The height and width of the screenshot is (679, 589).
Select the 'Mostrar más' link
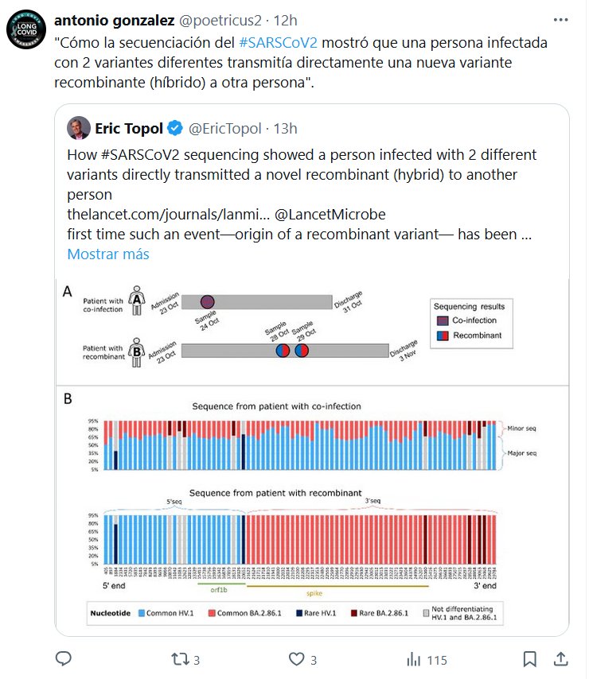pyautogui.click(x=107, y=254)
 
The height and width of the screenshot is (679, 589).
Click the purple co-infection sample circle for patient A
pyautogui.click(x=207, y=301)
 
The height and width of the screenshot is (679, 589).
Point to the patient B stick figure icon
pyautogui.click(x=136, y=351)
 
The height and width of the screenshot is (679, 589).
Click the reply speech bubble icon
pyautogui.click(x=64, y=659)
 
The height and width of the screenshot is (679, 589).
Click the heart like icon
pyautogui.click(x=296, y=659)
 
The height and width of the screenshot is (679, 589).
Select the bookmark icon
pyautogui.click(x=529, y=659)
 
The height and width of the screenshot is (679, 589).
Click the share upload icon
pyautogui.click(x=560, y=658)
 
